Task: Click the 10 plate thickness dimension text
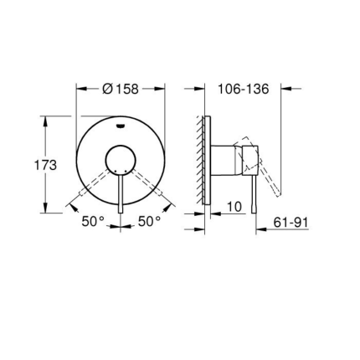[234, 206]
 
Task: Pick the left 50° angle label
[93, 222]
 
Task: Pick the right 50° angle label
[150, 222]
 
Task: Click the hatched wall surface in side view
[200, 163]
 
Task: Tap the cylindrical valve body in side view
[224, 158]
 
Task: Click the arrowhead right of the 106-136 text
[284, 87]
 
